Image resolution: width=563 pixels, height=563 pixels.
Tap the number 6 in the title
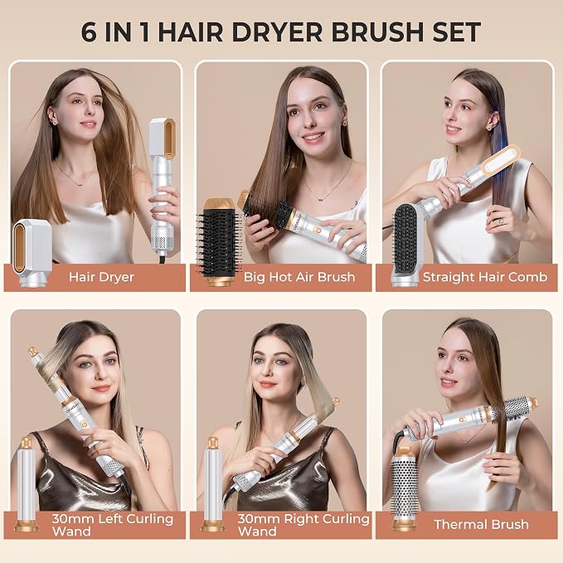pos(89,32)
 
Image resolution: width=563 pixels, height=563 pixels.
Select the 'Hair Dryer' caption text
pos(102,277)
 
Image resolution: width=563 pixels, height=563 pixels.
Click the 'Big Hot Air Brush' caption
pos(299,277)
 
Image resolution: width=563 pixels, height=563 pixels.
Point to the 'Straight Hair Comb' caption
pos(485,277)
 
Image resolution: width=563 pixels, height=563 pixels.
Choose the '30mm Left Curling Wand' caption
pos(113,525)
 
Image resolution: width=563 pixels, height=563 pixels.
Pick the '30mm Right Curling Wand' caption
pos(303,525)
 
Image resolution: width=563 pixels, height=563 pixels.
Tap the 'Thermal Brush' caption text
pos(481,525)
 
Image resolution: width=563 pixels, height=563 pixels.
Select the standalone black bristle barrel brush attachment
pos(216,242)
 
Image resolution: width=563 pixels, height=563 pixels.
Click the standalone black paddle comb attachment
pos(405,245)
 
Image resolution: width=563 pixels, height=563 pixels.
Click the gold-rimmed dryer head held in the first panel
pos(163,138)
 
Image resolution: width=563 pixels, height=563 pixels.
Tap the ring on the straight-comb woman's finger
pos(501,221)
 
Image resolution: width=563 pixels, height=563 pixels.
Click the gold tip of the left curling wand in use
pos(33,351)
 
